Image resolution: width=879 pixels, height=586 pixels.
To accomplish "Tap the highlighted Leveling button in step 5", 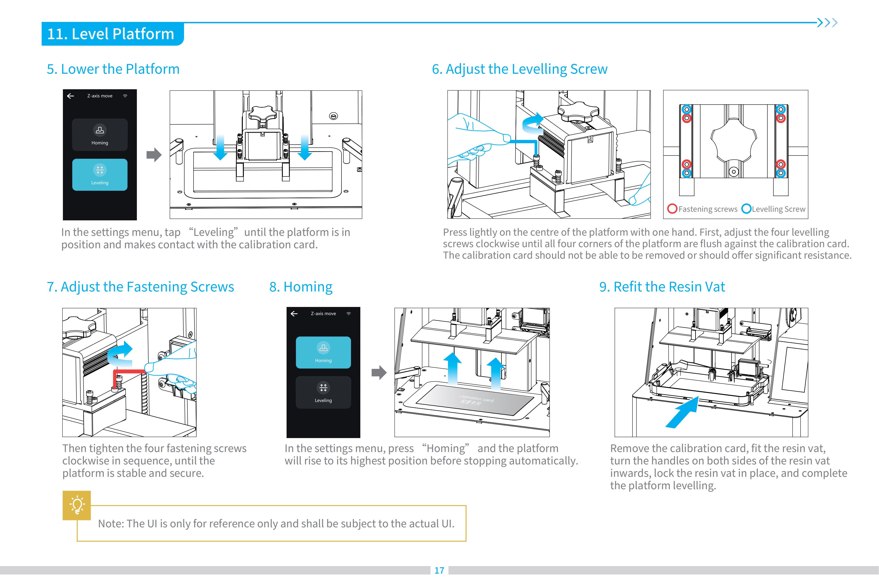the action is pos(100,175).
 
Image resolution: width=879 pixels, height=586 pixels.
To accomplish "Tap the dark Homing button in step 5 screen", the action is pos(100,135).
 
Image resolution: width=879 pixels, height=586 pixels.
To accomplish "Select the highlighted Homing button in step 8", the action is pos(323,352).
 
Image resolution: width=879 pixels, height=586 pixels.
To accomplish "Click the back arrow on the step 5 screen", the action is pos(70,96).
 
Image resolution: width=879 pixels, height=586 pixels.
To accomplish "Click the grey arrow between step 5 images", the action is pos(154,154).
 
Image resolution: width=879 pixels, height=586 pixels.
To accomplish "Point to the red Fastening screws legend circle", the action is pos(672,209).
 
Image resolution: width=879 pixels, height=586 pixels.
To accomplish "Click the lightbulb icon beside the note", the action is pos(77,505).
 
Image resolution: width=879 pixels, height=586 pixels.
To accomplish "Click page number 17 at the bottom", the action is pos(439,570).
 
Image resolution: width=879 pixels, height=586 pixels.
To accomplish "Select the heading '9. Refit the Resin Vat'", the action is pos(662,287).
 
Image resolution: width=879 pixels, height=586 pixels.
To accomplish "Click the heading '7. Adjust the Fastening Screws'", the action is pos(140,287).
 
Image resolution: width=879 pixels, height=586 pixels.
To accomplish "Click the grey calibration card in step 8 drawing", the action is pos(475,400).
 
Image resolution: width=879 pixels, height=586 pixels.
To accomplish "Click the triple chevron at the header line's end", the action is pos(827,23).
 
